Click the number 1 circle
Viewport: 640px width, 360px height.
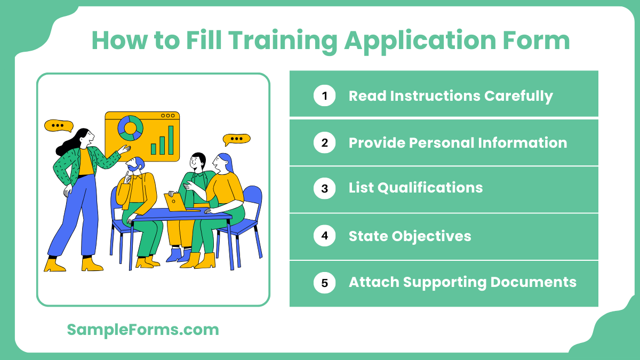tap(324, 96)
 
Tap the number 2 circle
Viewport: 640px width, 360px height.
tap(324, 143)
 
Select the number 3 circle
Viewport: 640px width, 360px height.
tap(324, 188)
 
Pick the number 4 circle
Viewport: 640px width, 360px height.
tap(324, 236)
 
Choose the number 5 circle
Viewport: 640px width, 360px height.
tap(324, 283)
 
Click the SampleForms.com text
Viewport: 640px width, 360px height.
tap(143, 330)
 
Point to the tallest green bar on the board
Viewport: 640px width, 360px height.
tap(171, 140)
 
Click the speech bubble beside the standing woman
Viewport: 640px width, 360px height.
tap(59, 126)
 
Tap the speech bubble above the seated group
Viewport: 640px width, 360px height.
tap(236, 139)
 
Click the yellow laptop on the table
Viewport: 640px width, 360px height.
tap(174, 202)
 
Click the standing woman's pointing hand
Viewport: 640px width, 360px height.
tap(125, 149)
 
